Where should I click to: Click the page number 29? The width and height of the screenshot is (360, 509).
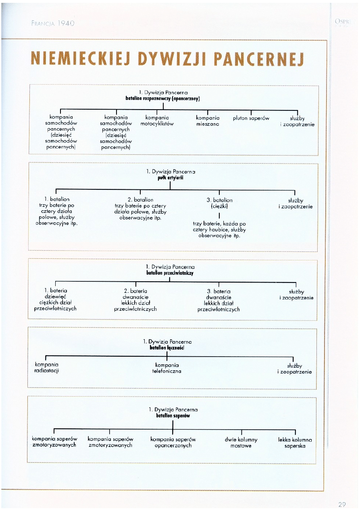point(342,504)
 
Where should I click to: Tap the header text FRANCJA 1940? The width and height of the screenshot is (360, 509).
point(52,23)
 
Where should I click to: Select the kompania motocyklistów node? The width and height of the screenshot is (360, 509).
point(157,121)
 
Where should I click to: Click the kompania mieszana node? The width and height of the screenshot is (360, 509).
point(208,121)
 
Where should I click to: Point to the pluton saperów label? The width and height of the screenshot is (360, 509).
point(251,118)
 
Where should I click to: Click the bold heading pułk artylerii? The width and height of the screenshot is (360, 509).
point(171,177)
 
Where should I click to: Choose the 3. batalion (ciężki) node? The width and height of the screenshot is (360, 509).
point(219,203)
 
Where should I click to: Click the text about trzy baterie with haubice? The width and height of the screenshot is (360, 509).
point(219,229)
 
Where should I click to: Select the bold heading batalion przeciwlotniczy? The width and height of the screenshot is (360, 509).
point(170,273)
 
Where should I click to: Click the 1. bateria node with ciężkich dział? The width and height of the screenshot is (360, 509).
point(56,299)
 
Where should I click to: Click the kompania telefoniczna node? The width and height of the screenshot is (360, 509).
point(166,368)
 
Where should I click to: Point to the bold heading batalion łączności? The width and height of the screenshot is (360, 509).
point(167,348)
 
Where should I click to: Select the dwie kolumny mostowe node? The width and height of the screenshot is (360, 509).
point(241,443)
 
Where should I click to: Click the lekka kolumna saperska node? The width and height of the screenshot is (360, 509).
point(295,443)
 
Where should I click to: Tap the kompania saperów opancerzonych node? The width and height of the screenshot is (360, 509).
point(173,443)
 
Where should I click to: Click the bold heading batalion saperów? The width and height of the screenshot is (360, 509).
point(173,416)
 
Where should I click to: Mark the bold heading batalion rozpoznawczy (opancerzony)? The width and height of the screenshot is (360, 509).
point(163,98)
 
